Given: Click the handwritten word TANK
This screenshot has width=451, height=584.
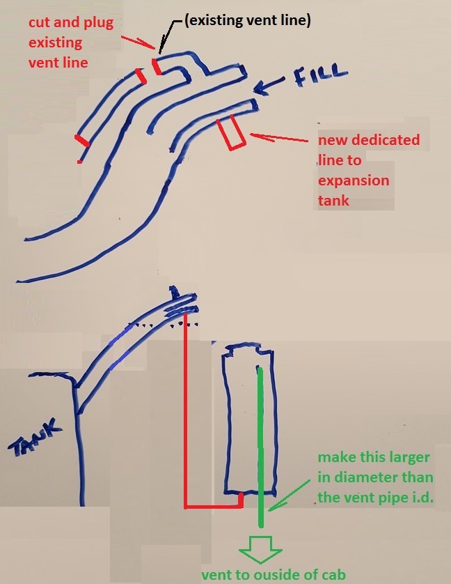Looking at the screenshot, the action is pos(35,437).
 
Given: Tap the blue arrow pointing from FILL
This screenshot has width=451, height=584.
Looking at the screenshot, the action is pos(269,85).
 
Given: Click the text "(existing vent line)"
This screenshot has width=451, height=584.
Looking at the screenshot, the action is pos(248,20).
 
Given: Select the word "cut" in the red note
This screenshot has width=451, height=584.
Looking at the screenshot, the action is pos(40,22).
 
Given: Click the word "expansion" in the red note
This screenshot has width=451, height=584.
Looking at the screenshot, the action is pos(354,180).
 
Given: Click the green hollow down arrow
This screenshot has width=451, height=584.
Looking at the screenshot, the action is pos(260,549).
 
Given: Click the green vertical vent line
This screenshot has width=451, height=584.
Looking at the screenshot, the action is pos(260,447).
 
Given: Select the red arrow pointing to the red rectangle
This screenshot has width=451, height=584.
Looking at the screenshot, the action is pos(279,138).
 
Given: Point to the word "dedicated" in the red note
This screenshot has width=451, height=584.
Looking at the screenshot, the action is pos(386,139).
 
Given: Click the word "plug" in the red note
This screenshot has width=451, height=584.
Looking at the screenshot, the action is pos(98,23).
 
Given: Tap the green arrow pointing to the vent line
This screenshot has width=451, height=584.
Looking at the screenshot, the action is pos(289,495).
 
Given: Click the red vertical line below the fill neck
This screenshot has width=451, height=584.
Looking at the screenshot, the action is pos(185,411).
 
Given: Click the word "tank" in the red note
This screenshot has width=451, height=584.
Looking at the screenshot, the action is pos(333,201).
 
